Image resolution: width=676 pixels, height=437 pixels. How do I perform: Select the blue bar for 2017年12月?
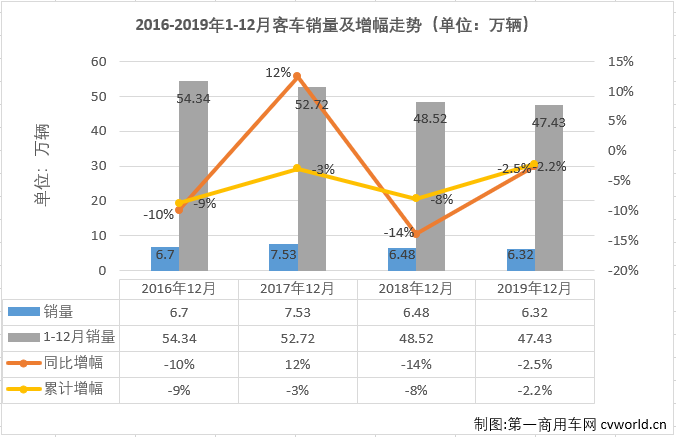(283, 257)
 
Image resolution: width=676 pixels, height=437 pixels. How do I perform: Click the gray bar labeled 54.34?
(193, 175)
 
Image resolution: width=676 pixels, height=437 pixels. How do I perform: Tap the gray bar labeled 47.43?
(548, 187)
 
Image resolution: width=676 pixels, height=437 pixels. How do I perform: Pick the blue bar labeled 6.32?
(520, 259)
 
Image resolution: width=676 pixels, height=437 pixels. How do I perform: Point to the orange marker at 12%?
(296, 77)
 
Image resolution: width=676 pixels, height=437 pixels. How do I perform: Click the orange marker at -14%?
(415, 234)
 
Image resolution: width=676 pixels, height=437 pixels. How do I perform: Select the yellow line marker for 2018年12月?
(415, 198)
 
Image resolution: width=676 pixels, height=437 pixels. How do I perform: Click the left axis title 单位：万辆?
(42, 166)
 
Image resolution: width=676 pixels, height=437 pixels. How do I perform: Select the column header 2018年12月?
(416, 288)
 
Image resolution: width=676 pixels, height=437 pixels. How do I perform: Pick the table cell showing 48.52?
(416, 337)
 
